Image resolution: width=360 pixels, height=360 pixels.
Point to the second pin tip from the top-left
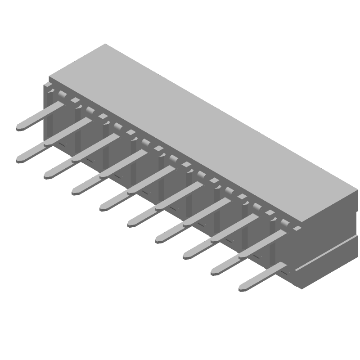point(19,159)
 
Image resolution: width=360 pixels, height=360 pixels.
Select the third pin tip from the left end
point(47,175)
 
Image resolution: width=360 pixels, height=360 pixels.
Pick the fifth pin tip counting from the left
point(103,207)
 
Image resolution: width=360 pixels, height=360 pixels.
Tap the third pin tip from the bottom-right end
point(186,255)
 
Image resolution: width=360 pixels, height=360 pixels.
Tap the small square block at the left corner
point(47,85)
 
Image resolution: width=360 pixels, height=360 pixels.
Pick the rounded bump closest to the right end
point(284,222)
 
